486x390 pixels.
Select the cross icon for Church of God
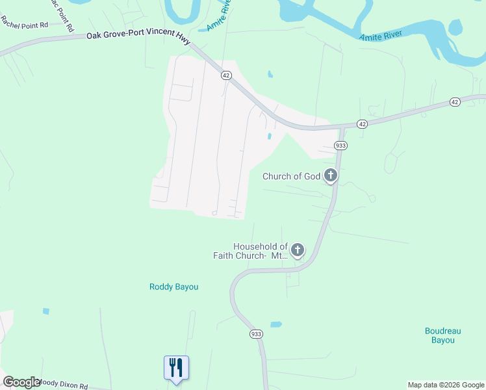tap(331, 175)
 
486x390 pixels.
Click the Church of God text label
tap(292, 176)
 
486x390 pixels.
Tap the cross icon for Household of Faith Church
tap(298, 250)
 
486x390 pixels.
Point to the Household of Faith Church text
tap(251, 251)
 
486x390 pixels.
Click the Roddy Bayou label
tap(173, 287)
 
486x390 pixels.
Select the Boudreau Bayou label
tap(444, 335)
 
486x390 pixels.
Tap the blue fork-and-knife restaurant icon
tap(176, 368)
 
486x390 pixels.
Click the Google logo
tap(21, 382)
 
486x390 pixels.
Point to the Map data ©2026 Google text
tap(446, 385)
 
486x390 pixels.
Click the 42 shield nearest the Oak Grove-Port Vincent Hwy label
tap(225, 75)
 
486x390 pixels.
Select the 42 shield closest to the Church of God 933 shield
tap(362, 123)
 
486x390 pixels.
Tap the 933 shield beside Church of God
tap(340, 146)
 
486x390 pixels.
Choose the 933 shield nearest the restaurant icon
tap(256, 333)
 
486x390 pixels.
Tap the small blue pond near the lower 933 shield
tap(276, 324)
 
